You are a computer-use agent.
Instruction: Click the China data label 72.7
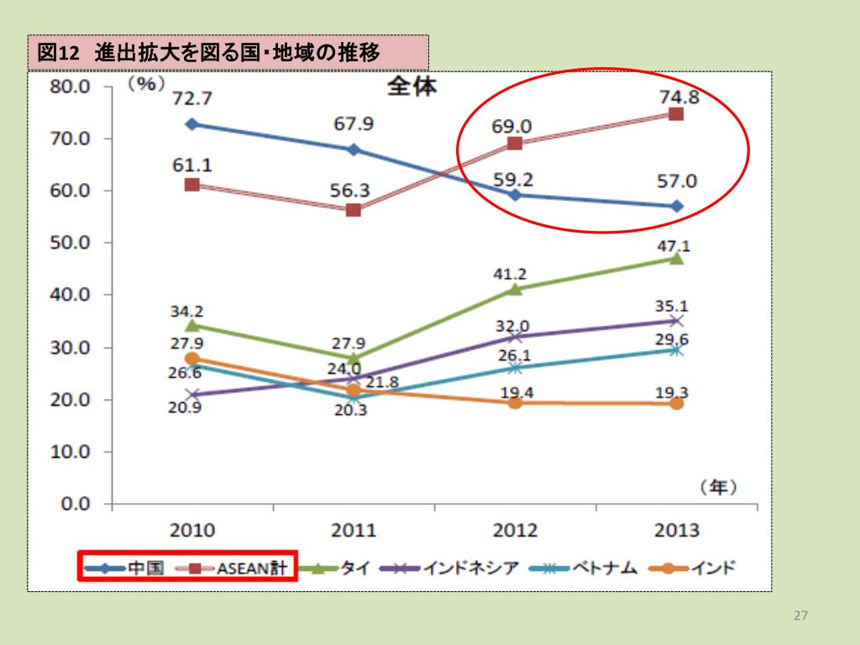pyautogui.click(x=191, y=98)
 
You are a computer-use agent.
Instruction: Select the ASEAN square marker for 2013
pyautogui.click(x=675, y=113)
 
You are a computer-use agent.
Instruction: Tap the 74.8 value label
pyautogui.click(x=679, y=96)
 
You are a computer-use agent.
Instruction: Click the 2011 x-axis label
pyautogui.click(x=354, y=531)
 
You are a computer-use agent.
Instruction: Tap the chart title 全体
pyautogui.click(x=412, y=86)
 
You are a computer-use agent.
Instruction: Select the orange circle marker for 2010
pyautogui.click(x=191, y=359)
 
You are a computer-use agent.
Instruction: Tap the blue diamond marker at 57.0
pyautogui.click(x=677, y=207)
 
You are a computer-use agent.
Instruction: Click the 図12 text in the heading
pyautogui.click(x=57, y=53)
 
